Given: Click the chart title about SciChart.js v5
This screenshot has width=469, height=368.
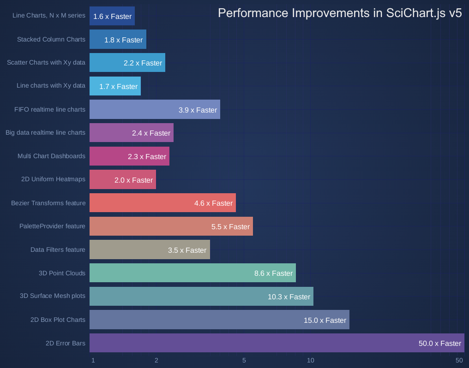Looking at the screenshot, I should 340,13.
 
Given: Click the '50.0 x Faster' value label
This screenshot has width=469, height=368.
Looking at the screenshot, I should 440,343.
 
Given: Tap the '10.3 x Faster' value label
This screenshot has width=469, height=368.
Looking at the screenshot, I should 289,297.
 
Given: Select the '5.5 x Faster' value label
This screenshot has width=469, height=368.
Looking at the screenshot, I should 230,226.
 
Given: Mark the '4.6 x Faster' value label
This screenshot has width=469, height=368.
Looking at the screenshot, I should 213,203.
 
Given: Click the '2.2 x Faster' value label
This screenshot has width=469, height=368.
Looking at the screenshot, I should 143,63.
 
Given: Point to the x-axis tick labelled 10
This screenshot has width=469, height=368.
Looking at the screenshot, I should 311,360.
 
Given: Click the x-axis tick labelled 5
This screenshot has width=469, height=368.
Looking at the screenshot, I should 244,360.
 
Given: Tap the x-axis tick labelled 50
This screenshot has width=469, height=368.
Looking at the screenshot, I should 459,360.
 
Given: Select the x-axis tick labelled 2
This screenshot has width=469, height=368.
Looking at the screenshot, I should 156,360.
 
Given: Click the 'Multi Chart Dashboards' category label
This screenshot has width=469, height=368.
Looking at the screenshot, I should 51,156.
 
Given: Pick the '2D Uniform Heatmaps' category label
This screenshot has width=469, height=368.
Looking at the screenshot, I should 53,179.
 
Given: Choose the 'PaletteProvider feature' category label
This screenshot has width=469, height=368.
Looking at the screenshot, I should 52,226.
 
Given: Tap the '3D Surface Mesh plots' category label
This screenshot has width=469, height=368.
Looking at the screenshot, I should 53,296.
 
